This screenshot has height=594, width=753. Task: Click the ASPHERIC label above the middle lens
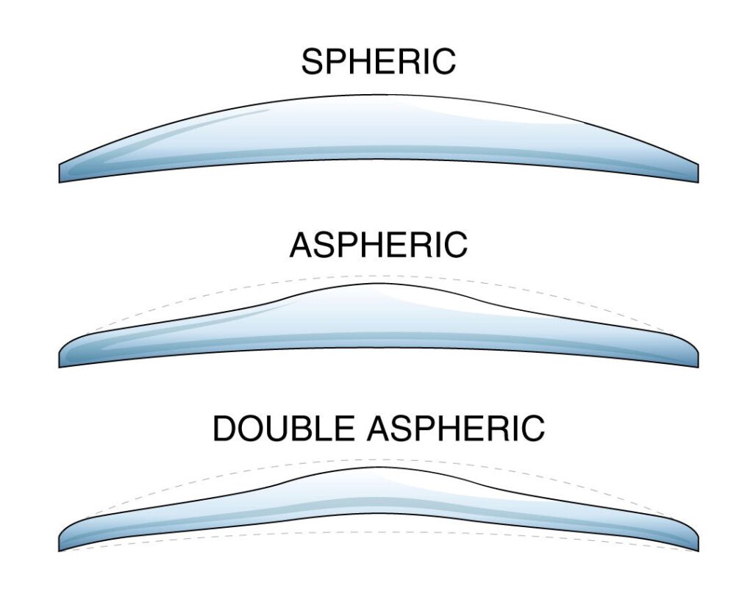click(378, 245)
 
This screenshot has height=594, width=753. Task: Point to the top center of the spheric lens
click(378, 96)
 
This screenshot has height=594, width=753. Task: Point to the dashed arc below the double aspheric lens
click(378, 531)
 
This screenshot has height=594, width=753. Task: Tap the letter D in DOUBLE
click(225, 429)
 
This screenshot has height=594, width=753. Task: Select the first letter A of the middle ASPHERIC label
click(302, 245)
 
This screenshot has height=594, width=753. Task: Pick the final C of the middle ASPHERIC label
click(455, 245)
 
